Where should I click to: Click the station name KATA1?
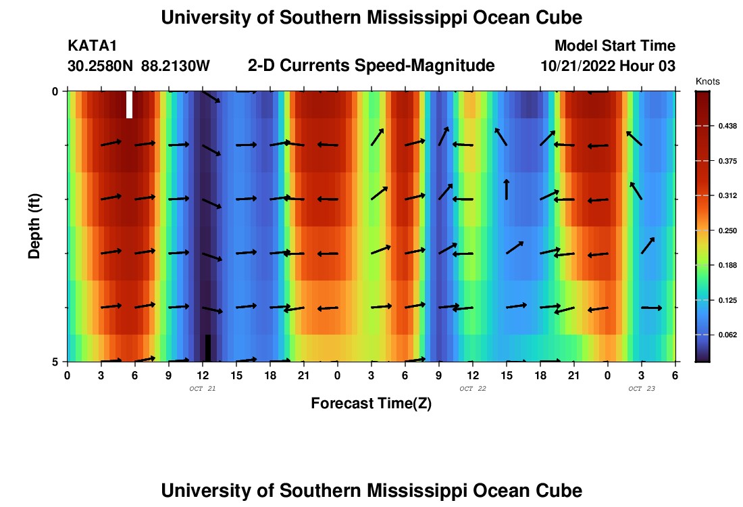[93, 46]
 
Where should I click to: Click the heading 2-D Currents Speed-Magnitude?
[371, 66]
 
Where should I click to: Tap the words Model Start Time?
[615, 46]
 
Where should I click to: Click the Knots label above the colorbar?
[708, 81]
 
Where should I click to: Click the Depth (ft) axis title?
[34, 226]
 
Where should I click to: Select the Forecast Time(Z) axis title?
[371, 404]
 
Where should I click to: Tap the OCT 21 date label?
[202, 389]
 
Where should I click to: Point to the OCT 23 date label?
[641, 389]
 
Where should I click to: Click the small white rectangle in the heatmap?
[129, 105]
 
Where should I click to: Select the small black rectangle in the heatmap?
[208, 347]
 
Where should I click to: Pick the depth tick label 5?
[55, 362]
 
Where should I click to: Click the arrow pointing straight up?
[507, 189]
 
